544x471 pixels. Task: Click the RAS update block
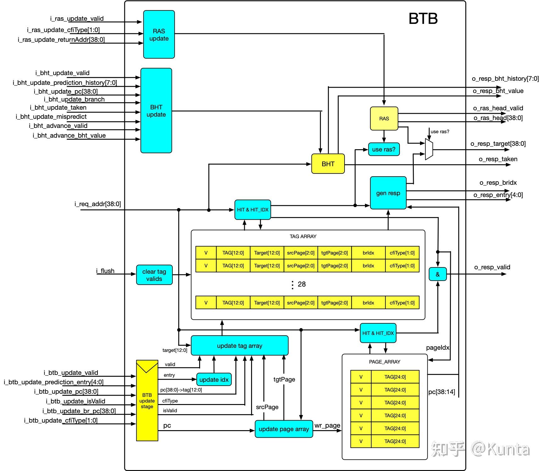[159, 35]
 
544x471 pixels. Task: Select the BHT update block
[156, 111]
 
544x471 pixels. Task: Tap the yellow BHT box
[328, 164]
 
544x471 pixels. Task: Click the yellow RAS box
[384, 118]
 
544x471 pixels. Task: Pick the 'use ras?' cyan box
[384, 149]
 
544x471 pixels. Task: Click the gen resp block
[388, 193]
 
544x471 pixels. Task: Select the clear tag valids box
[154, 275]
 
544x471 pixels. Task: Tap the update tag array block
[240, 346]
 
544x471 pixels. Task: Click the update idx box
[214, 380]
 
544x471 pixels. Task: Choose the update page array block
[284, 429]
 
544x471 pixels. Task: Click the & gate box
[438, 274]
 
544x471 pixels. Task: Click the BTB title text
[423, 19]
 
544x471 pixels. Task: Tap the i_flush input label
[105, 271]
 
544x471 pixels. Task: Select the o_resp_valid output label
[492, 267]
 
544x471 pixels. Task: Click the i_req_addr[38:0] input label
[98, 204]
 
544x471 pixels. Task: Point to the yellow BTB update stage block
[147, 401]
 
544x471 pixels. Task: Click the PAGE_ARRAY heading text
[384, 362]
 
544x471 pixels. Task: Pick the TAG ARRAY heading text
[303, 236]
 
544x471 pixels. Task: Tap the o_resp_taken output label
[498, 159]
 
